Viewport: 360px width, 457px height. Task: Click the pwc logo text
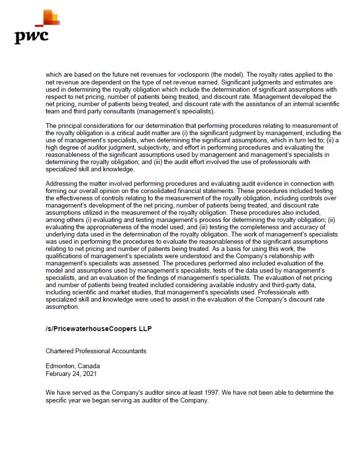click(x=31, y=36)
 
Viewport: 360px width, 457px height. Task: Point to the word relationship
click(x=285, y=256)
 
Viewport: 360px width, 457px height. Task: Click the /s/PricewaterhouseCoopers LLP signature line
click(x=98, y=329)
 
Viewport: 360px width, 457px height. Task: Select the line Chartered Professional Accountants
click(x=96, y=351)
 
